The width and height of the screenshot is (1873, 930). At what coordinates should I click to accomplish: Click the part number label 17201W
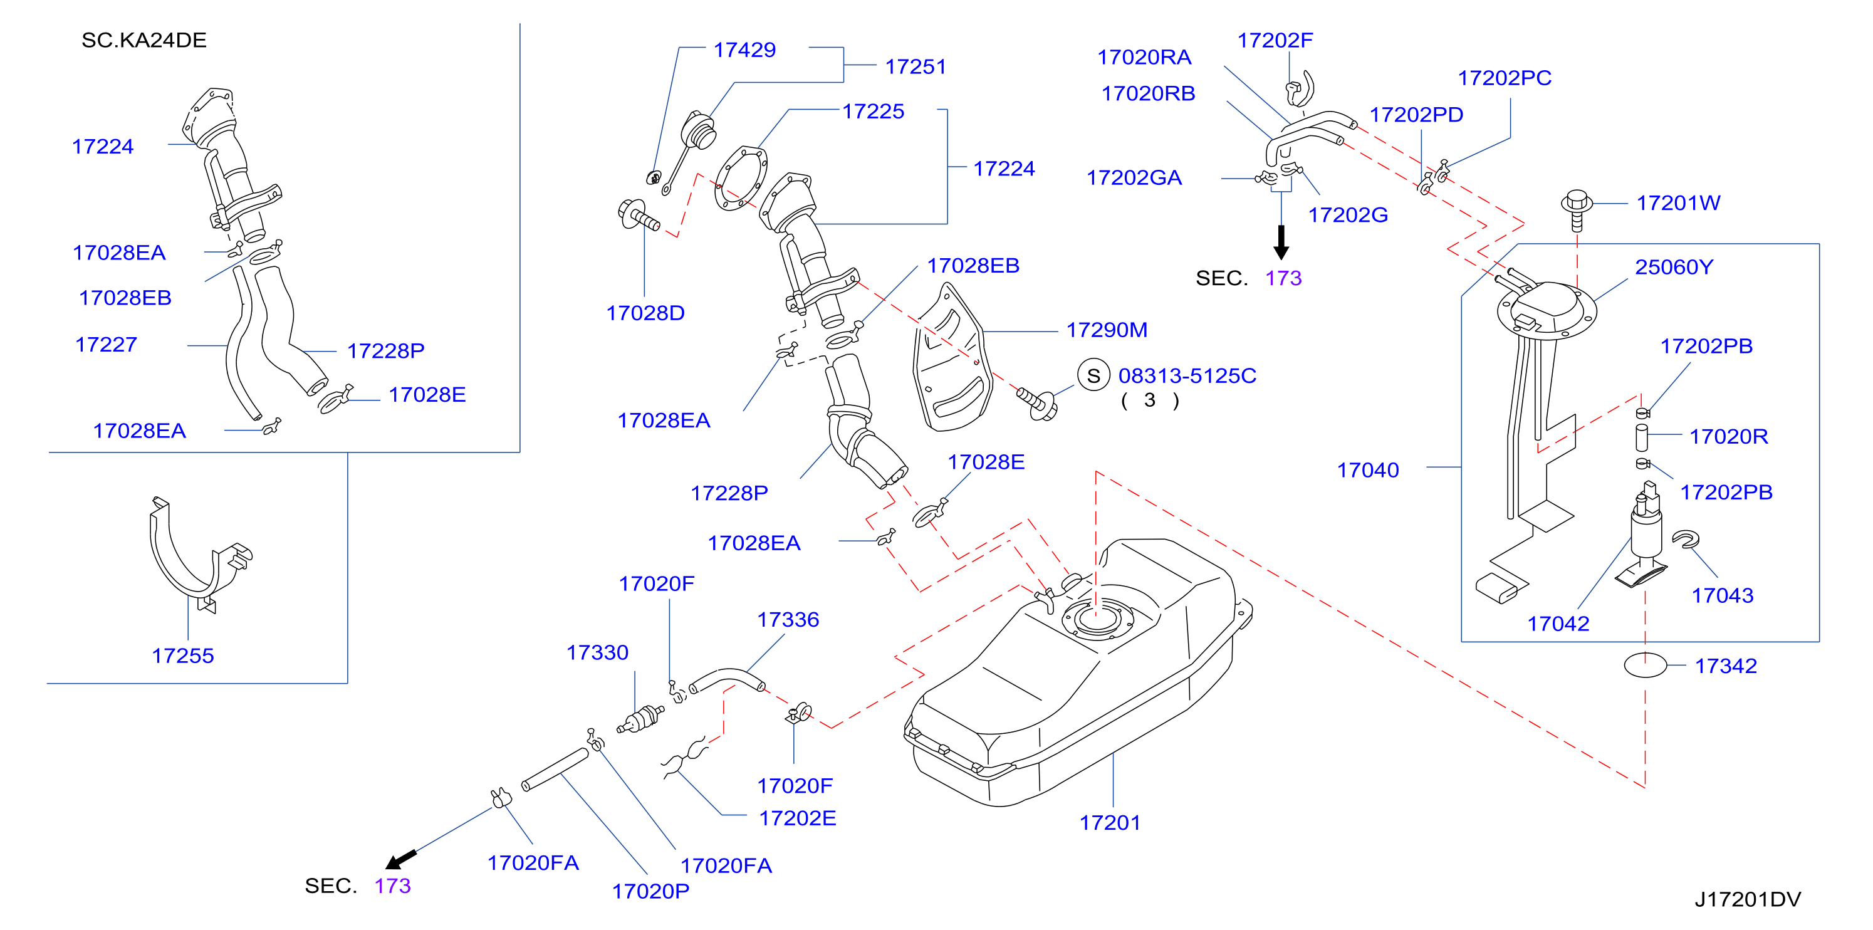click(1678, 203)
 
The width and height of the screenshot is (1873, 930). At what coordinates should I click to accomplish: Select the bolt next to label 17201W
click(1577, 209)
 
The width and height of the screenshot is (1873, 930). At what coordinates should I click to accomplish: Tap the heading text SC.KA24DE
click(144, 40)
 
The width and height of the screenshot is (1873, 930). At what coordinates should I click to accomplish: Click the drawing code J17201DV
click(1748, 899)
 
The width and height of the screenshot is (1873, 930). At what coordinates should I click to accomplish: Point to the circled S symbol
click(1093, 375)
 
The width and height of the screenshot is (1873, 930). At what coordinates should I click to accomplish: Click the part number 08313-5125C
click(1187, 376)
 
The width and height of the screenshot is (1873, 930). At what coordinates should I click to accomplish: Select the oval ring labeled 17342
click(1646, 666)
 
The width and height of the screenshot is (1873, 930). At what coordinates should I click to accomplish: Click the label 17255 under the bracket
click(182, 656)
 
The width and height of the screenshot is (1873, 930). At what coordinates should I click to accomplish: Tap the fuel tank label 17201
click(1110, 822)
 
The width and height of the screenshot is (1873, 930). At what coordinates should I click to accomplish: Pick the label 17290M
click(1107, 330)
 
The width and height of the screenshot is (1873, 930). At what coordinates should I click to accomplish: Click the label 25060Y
click(1674, 267)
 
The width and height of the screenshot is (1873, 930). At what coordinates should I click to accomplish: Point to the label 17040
click(1368, 471)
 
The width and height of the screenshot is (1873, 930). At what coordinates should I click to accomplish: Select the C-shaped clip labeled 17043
click(1686, 540)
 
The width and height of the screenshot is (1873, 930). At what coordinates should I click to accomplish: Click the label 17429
click(744, 50)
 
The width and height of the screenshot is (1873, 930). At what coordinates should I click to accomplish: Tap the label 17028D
click(645, 313)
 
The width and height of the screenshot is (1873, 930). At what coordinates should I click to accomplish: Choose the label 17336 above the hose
click(788, 620)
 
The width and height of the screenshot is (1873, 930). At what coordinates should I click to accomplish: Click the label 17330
click(597, 653)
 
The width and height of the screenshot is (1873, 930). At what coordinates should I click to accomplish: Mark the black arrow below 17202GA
click(1281, 242)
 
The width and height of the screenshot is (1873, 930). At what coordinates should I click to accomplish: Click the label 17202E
click(798, 818)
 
